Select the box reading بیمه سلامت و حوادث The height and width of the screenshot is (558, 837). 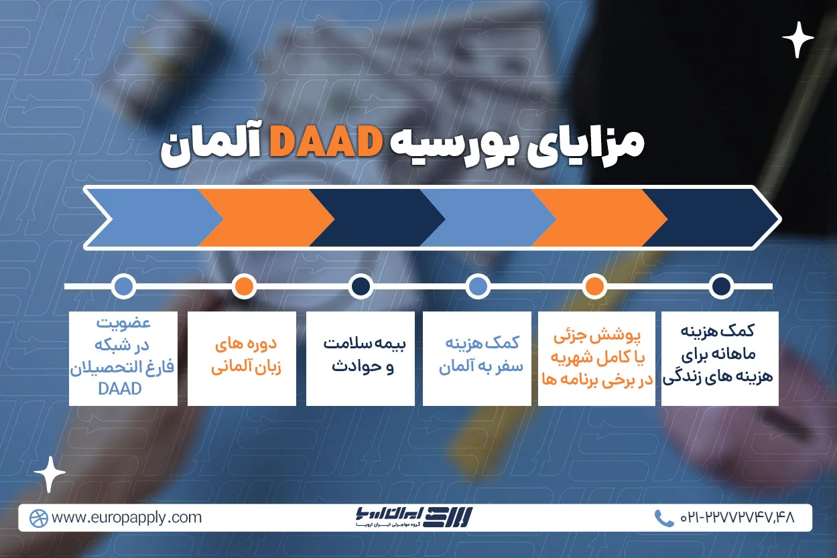[x=360, y=358]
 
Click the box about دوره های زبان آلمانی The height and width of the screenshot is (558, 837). [x=241, y=358]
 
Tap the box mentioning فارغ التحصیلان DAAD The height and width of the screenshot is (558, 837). [x=123, y=358]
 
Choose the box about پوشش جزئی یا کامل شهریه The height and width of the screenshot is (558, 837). [x=596, y=358]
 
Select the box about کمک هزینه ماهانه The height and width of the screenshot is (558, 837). [x=719, y=358]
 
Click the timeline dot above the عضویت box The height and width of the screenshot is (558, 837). [x=123, y=287]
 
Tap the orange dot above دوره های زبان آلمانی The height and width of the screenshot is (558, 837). [x=244, y=287]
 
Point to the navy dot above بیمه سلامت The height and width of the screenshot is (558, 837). [x=361, y=287]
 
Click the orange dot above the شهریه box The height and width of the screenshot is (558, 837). [x=594, y=287]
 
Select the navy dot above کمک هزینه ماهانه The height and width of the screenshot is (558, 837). [x=721, y=287]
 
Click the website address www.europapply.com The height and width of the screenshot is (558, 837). [x=127, y=518]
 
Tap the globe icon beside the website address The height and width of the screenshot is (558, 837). [x=38, y=518]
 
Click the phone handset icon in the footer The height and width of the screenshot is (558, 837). [x=663, y=518]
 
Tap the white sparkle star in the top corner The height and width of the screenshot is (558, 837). [x=797, y=40]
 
